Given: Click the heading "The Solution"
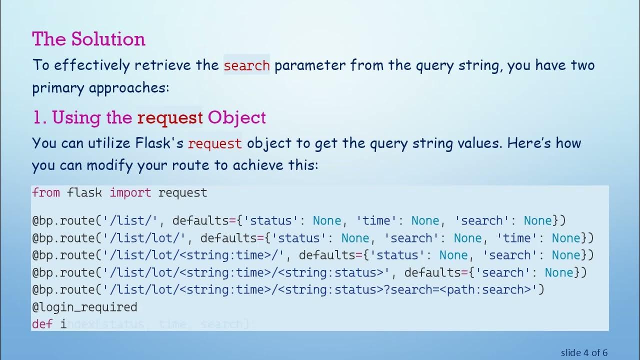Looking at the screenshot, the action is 88,39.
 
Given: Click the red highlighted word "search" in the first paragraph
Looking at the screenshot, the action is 246,65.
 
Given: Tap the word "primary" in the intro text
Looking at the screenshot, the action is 58,88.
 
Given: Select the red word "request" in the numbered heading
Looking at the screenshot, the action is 170,118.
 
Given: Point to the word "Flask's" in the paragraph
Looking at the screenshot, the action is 159,143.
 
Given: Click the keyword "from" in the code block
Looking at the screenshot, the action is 45,192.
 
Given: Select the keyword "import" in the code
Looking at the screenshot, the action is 130,192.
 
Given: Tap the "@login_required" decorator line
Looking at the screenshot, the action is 84,307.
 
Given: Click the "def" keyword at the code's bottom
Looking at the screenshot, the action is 42,324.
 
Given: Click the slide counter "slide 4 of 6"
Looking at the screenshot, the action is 584,352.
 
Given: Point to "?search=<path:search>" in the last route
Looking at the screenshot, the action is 460,289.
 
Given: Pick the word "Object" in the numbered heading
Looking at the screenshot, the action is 237,118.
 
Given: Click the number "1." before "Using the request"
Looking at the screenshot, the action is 39,118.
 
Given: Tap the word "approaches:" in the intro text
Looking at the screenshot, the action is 129,88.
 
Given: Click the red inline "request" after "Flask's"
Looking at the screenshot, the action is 214,143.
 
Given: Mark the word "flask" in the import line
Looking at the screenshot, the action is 84,192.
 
